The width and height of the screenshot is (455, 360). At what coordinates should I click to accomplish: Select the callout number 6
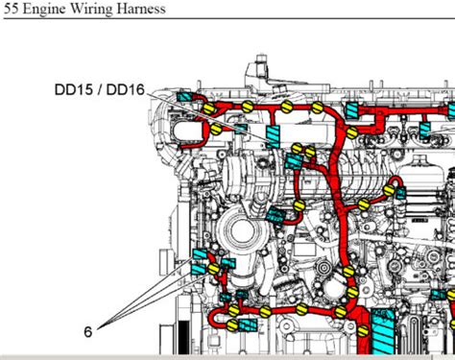pos(87,332)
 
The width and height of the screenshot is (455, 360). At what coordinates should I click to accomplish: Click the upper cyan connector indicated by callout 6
pos(202,256)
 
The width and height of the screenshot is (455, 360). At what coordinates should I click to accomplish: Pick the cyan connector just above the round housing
pos(279,217)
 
